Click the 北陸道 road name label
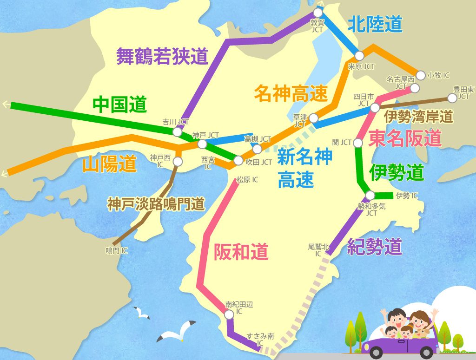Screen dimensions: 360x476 tap(375, 24)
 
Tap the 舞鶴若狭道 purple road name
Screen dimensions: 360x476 tap(162, 56)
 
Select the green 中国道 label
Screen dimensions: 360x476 tap(119, 105)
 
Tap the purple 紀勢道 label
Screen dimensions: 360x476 tap(374, 247)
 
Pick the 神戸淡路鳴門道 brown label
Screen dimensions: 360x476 tap(156, 205)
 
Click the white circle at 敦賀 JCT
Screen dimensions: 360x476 tap(318, 13)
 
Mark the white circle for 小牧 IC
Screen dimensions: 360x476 tap(421, 74)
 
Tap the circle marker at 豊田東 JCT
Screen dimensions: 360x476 tap(452, 98)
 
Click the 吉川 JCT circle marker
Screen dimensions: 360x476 tap(177, 131)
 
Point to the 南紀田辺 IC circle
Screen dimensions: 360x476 tap(229, 314)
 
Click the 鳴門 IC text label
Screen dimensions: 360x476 tap(117, 251)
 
